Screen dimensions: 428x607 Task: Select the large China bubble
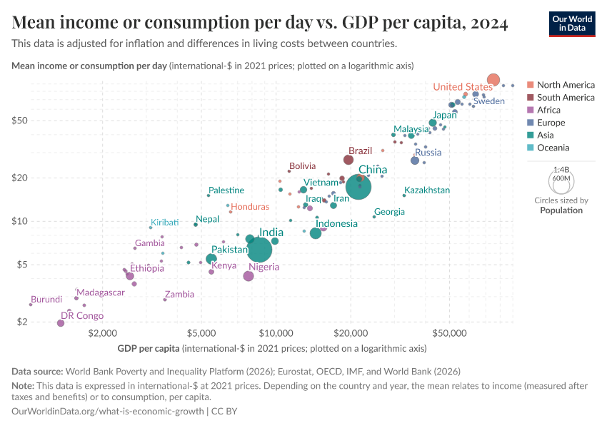[358, 187]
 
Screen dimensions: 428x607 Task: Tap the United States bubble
[493, 80]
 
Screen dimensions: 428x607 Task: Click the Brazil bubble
[348, 160]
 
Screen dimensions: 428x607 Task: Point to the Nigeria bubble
[249, 276]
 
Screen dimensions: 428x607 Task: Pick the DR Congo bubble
[61, 323]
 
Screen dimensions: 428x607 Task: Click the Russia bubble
[415, 160]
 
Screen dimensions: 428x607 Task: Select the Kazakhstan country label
[427, 190]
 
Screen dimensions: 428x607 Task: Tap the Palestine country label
[226, 190]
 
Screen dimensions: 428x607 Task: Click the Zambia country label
[179, 294]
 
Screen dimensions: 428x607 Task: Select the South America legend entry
[566, 97]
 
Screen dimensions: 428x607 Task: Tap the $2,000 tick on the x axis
[103, 333]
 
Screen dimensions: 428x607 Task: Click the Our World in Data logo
[572, 24]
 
